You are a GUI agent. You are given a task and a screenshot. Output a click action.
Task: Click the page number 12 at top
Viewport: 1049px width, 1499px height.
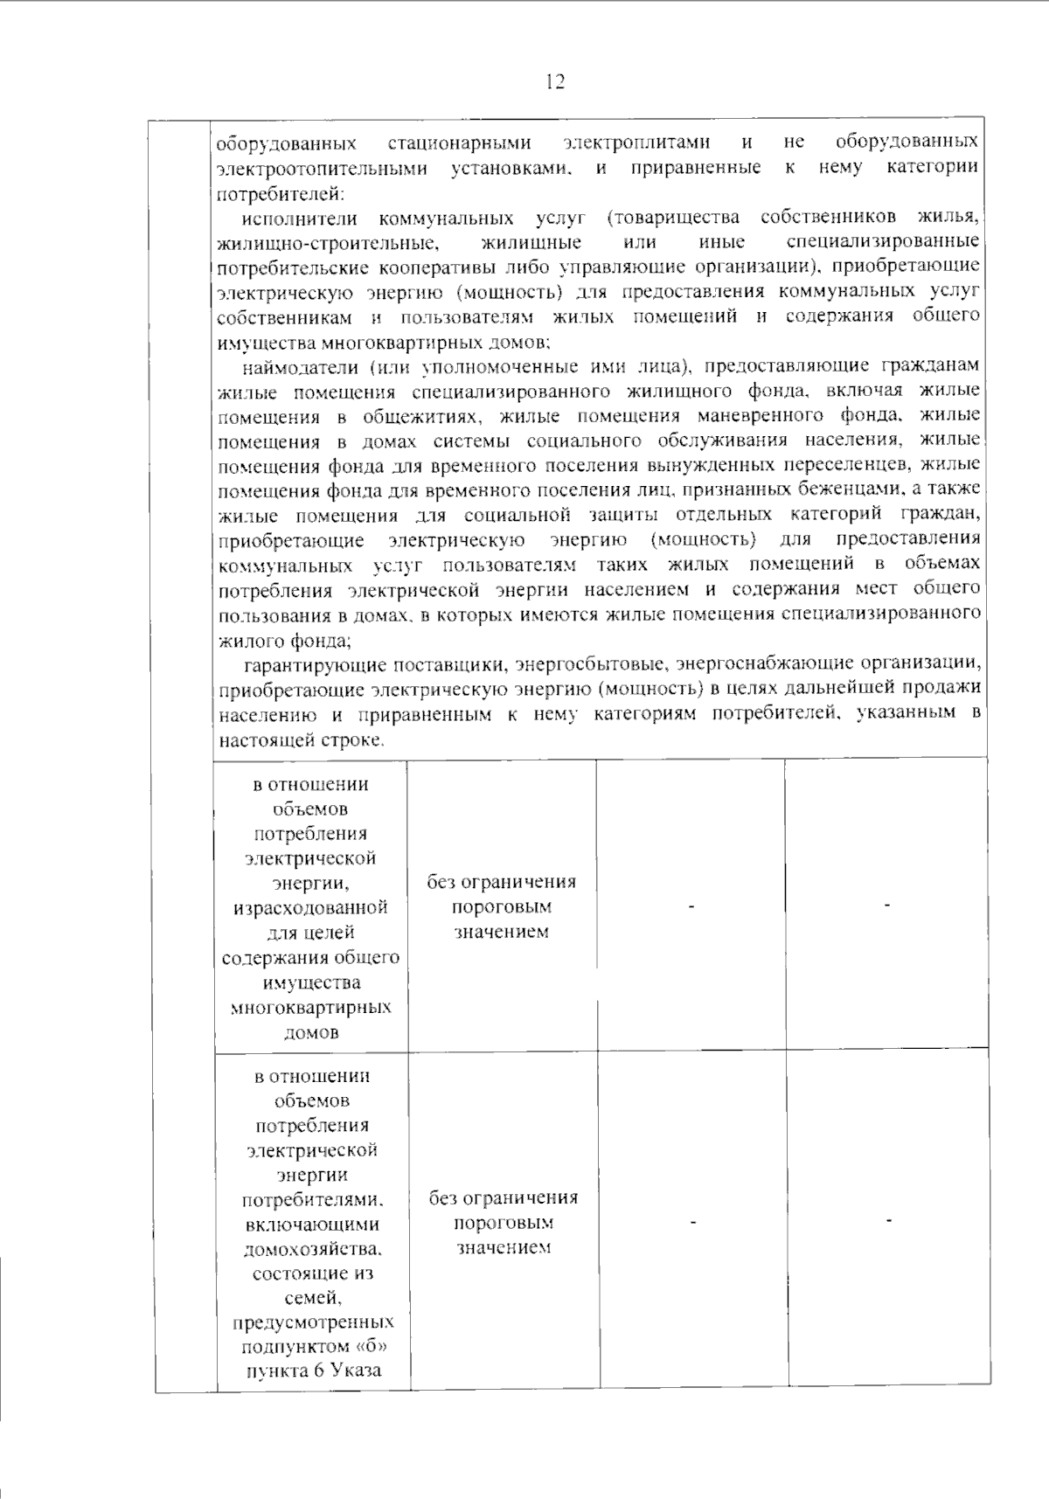click(555, 82)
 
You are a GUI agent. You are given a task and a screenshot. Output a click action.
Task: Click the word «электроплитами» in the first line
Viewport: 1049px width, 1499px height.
click(636, 142)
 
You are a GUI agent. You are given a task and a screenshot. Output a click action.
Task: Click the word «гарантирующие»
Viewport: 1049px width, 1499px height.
click(315, 664)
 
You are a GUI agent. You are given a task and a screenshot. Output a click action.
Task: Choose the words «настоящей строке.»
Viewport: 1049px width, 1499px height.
click(302, 739)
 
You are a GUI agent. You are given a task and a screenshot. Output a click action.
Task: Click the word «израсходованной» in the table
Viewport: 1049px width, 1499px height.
click(310, 907)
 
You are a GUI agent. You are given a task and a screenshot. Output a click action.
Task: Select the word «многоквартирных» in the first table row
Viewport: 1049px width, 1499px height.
click(310, 1007)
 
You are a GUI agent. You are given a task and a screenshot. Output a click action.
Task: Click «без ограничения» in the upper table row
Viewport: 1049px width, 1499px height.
click(501, 882)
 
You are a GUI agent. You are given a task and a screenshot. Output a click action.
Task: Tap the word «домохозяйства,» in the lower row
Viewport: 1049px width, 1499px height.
click(313, 1248)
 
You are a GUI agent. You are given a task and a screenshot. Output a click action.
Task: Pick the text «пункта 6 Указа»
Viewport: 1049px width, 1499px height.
click(314, 1371)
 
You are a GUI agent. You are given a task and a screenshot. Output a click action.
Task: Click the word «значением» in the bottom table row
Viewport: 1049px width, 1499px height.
click(503, 1247)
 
